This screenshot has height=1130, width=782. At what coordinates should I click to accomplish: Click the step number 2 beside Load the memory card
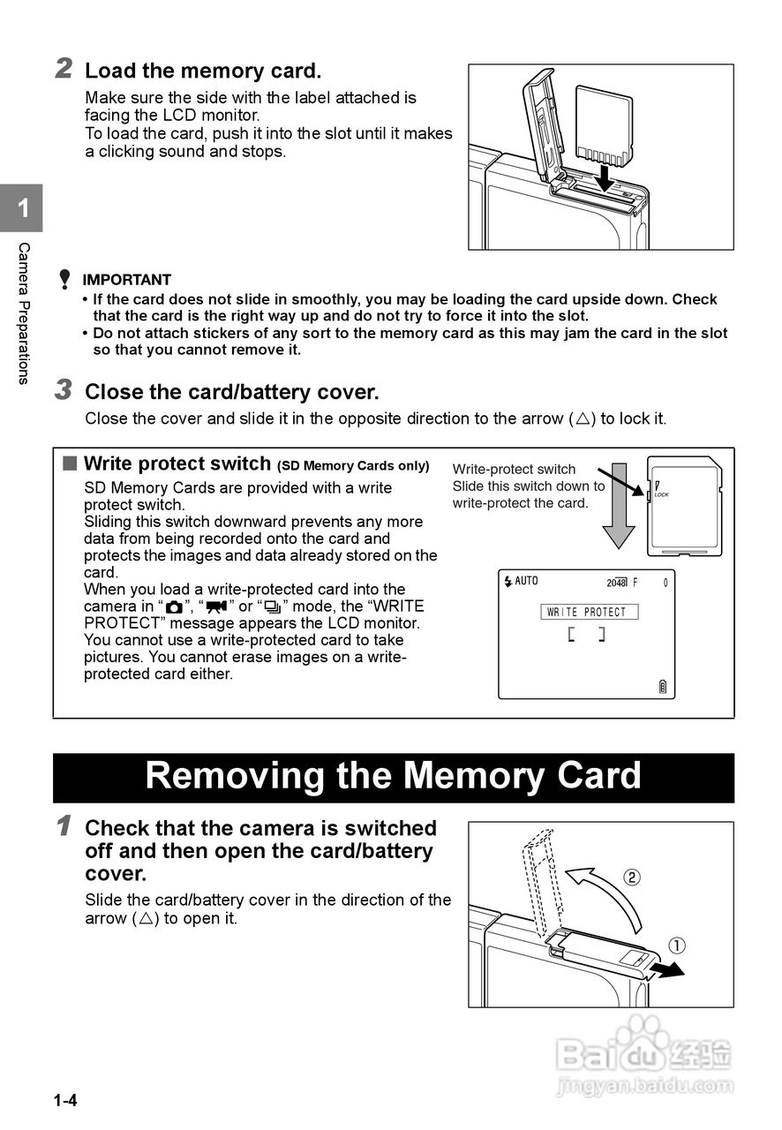pyautogui.click(x=64, y=68)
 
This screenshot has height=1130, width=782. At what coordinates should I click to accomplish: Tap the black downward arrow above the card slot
pyautogui.click(x=605, y=175)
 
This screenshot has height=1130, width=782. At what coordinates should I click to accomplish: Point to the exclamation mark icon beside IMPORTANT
pyautogui.click(x=64, y=280)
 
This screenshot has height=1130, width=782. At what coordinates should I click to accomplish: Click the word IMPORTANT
pyautogui.click(x=126, y=280)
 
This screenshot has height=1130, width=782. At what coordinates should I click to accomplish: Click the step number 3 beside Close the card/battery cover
pyautogui.click(x=64, y=389)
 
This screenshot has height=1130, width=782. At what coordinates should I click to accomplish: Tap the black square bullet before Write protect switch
pyautogui.click(x=70, y=463)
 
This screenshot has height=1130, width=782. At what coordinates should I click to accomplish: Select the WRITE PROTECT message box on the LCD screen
pyautogui.click(x=588, y=612)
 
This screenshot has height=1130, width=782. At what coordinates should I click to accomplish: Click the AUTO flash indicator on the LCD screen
pyautogui.click(x=521, y=581)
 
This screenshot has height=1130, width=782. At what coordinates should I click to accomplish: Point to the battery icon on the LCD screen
pyautogui.click(x=663, y=687)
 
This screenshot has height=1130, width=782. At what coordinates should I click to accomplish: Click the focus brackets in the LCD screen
pyautogui.click(x=587, y=634)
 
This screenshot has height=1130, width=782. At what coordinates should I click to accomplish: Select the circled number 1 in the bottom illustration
pyautogui.click(x=677, y=945)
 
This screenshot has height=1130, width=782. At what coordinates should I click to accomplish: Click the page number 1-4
pyautogui.click(x=64, y=1101)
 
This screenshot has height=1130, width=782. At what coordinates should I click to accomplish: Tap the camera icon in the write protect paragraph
pyautogui.click(x=174, y=606)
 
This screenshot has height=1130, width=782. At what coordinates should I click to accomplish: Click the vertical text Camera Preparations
pyautogui.click(x=24, y=313)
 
